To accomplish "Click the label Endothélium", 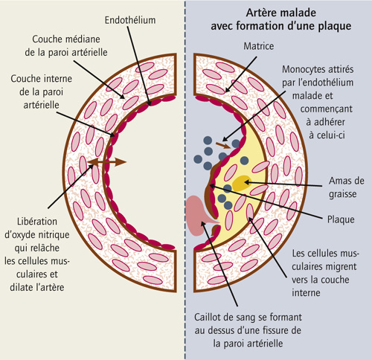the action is tap(130, 20).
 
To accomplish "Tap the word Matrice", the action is tap(259, 46).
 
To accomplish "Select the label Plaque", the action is tap(341, 219).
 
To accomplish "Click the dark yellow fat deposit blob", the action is tap(242, 183).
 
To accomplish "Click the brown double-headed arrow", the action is tap(107, 162).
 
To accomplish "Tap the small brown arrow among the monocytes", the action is tap(222, 146).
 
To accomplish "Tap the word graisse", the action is tap(343, 194).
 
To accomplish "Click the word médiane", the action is tap(83, 39).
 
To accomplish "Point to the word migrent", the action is tap(341, 267).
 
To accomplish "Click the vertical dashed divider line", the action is tap(185, 180).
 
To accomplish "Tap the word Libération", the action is tap(37, 222).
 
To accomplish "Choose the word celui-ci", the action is tap(327, 135).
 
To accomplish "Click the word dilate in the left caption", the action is tap(22, 287).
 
